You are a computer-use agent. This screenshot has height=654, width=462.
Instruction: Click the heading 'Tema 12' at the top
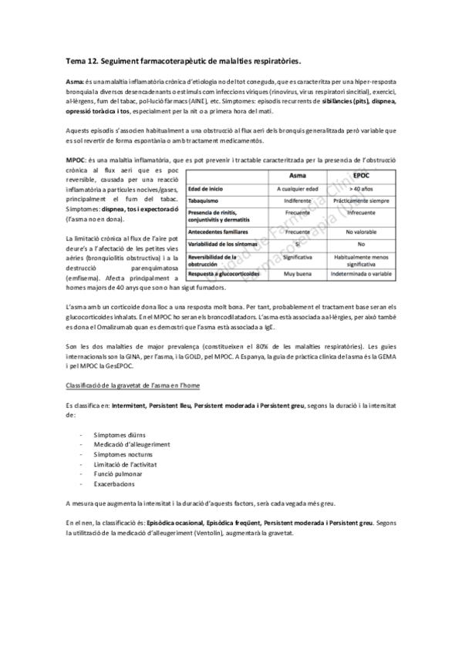86,59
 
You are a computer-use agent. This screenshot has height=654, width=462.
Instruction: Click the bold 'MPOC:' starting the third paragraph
76,160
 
